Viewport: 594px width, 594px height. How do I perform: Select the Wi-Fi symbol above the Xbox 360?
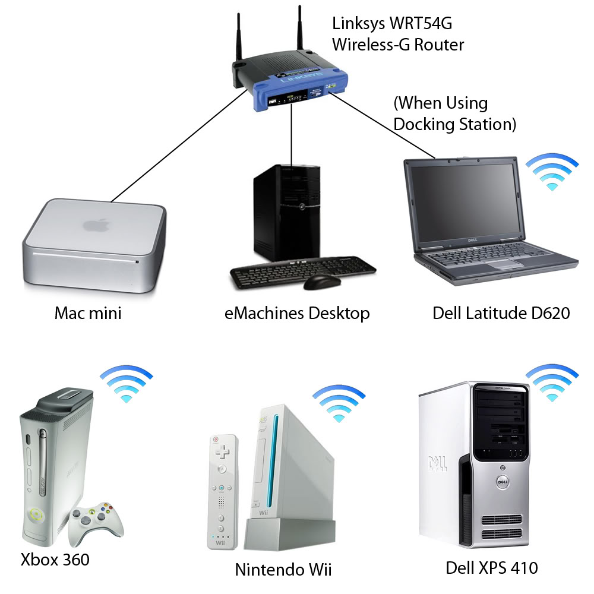[x=126, y=383]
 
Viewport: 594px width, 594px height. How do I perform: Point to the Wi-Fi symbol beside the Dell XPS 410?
[x=552, y=382]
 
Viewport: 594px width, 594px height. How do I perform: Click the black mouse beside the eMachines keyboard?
[x=322, y=282]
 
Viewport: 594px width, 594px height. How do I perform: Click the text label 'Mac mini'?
[x=88, y=313]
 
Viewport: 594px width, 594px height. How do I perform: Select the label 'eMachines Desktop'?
[x=297, y=313]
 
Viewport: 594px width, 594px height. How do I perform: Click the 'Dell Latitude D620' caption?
[x=501, y=312]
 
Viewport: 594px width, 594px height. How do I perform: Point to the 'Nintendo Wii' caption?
[x=283, y=569]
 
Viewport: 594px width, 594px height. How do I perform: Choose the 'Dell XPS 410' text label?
[x=492, y=568]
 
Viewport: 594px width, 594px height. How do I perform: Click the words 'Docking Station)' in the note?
[x=454, y=124]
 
